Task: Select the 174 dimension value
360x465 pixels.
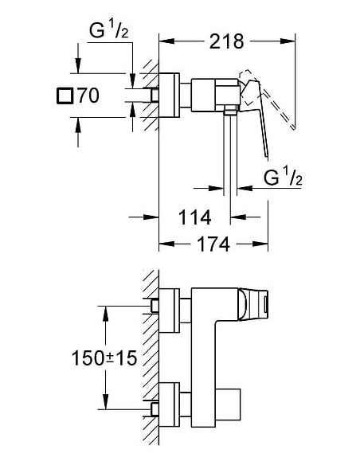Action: point(213,244)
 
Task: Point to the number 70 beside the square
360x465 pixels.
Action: point(88,97)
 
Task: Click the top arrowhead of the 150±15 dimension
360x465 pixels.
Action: point(104,309)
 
